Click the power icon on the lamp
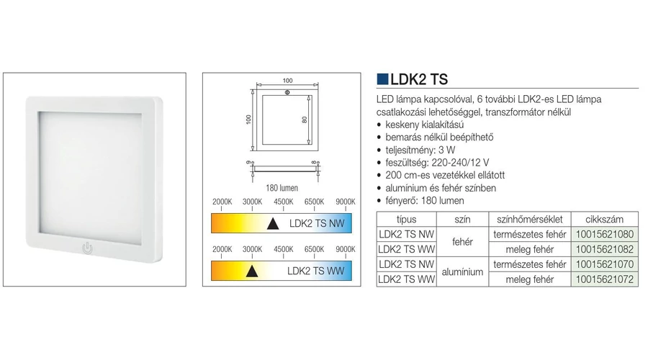coord(87,248)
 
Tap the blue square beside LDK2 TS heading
coord(382,79)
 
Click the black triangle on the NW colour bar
coord(273,224)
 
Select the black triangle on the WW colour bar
coord(252,271)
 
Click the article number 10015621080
coord(604,234)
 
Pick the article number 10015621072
coord(604,279)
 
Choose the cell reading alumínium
coord(462,272)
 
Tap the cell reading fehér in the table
coord(462,242)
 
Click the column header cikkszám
coord(604,220)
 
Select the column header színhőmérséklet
coord(529,220)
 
